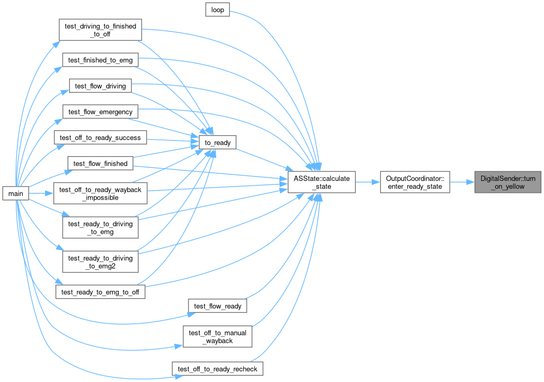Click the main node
16,193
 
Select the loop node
217,10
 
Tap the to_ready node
217,143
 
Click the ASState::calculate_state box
321,182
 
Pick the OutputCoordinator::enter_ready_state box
415,182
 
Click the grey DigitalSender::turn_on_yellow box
508,182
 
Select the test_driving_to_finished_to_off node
100,30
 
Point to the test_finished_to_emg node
100,60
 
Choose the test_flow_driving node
100,86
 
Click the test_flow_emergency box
100,112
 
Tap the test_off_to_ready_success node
100,137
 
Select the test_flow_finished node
100,163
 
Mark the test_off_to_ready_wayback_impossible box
100,193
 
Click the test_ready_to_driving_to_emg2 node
100,262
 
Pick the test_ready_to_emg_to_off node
100,292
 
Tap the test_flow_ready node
217,305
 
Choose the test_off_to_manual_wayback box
217,336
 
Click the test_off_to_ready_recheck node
217,368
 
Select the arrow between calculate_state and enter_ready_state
368,182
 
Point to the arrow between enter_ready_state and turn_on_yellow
462,182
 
